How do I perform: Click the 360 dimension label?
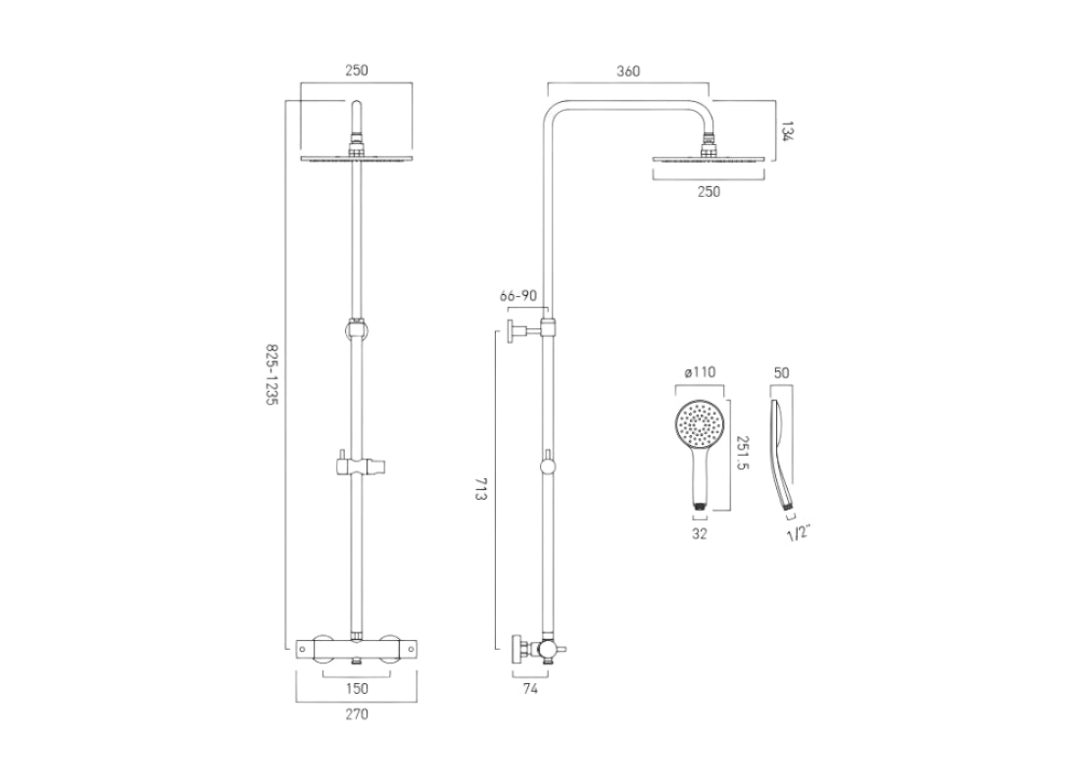628,72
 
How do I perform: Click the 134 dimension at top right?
786,130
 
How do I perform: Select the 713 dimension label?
481,490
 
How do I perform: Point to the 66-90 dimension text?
518,296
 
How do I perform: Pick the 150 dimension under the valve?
357,689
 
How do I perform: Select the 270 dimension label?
357,715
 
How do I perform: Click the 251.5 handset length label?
744,454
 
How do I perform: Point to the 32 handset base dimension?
699,534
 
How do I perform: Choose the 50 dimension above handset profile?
781,373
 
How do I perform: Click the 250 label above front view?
357,72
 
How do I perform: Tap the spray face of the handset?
700,423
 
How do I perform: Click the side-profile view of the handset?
785,451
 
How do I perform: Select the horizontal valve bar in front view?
357,647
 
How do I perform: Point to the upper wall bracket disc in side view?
513,329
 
